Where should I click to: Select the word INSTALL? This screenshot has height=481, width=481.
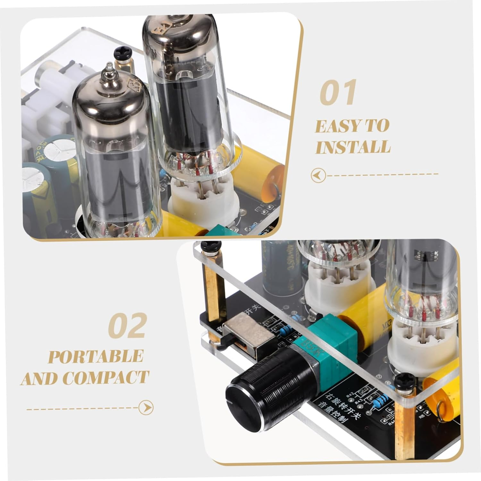click(353, 147)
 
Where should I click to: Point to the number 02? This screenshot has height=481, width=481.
click(128, 326)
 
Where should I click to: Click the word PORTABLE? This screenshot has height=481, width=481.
click(96, 357)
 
